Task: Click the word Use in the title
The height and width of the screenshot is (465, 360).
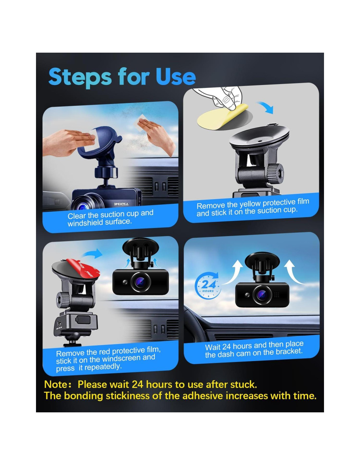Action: pyautogui.click(x=175, y=77)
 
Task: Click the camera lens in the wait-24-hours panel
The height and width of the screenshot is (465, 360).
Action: pyautogui.click(x=261, y=295)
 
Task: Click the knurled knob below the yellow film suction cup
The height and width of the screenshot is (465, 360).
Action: pyautogui.click(x=276, y=173)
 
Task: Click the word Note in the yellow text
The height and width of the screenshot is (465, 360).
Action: pyautogui.click(x=56, y=384)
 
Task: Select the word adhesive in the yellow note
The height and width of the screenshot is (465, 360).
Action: pyautogui.click(x=203, y=395)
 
